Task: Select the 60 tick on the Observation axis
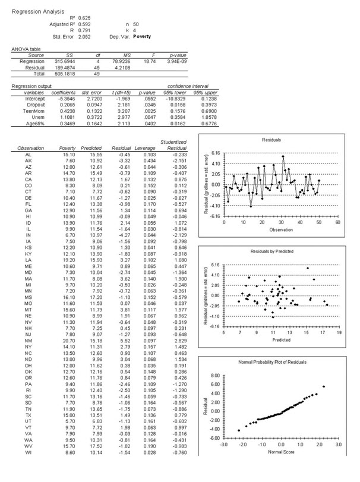pos(354,238)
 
